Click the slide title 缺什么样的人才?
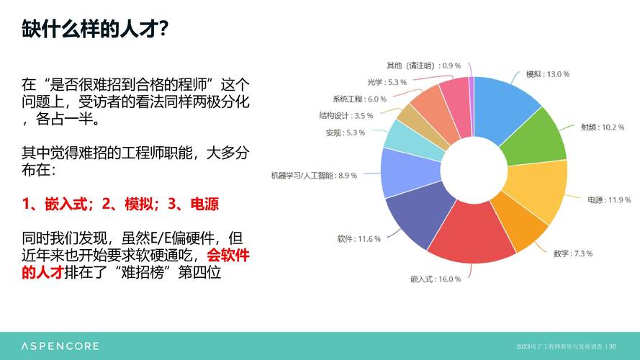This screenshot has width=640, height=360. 95,30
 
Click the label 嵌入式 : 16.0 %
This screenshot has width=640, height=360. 436,279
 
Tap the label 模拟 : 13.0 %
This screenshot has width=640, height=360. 548,74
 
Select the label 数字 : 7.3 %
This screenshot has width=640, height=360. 573,253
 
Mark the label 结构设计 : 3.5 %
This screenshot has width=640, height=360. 346,115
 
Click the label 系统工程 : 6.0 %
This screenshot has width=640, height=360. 359,99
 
